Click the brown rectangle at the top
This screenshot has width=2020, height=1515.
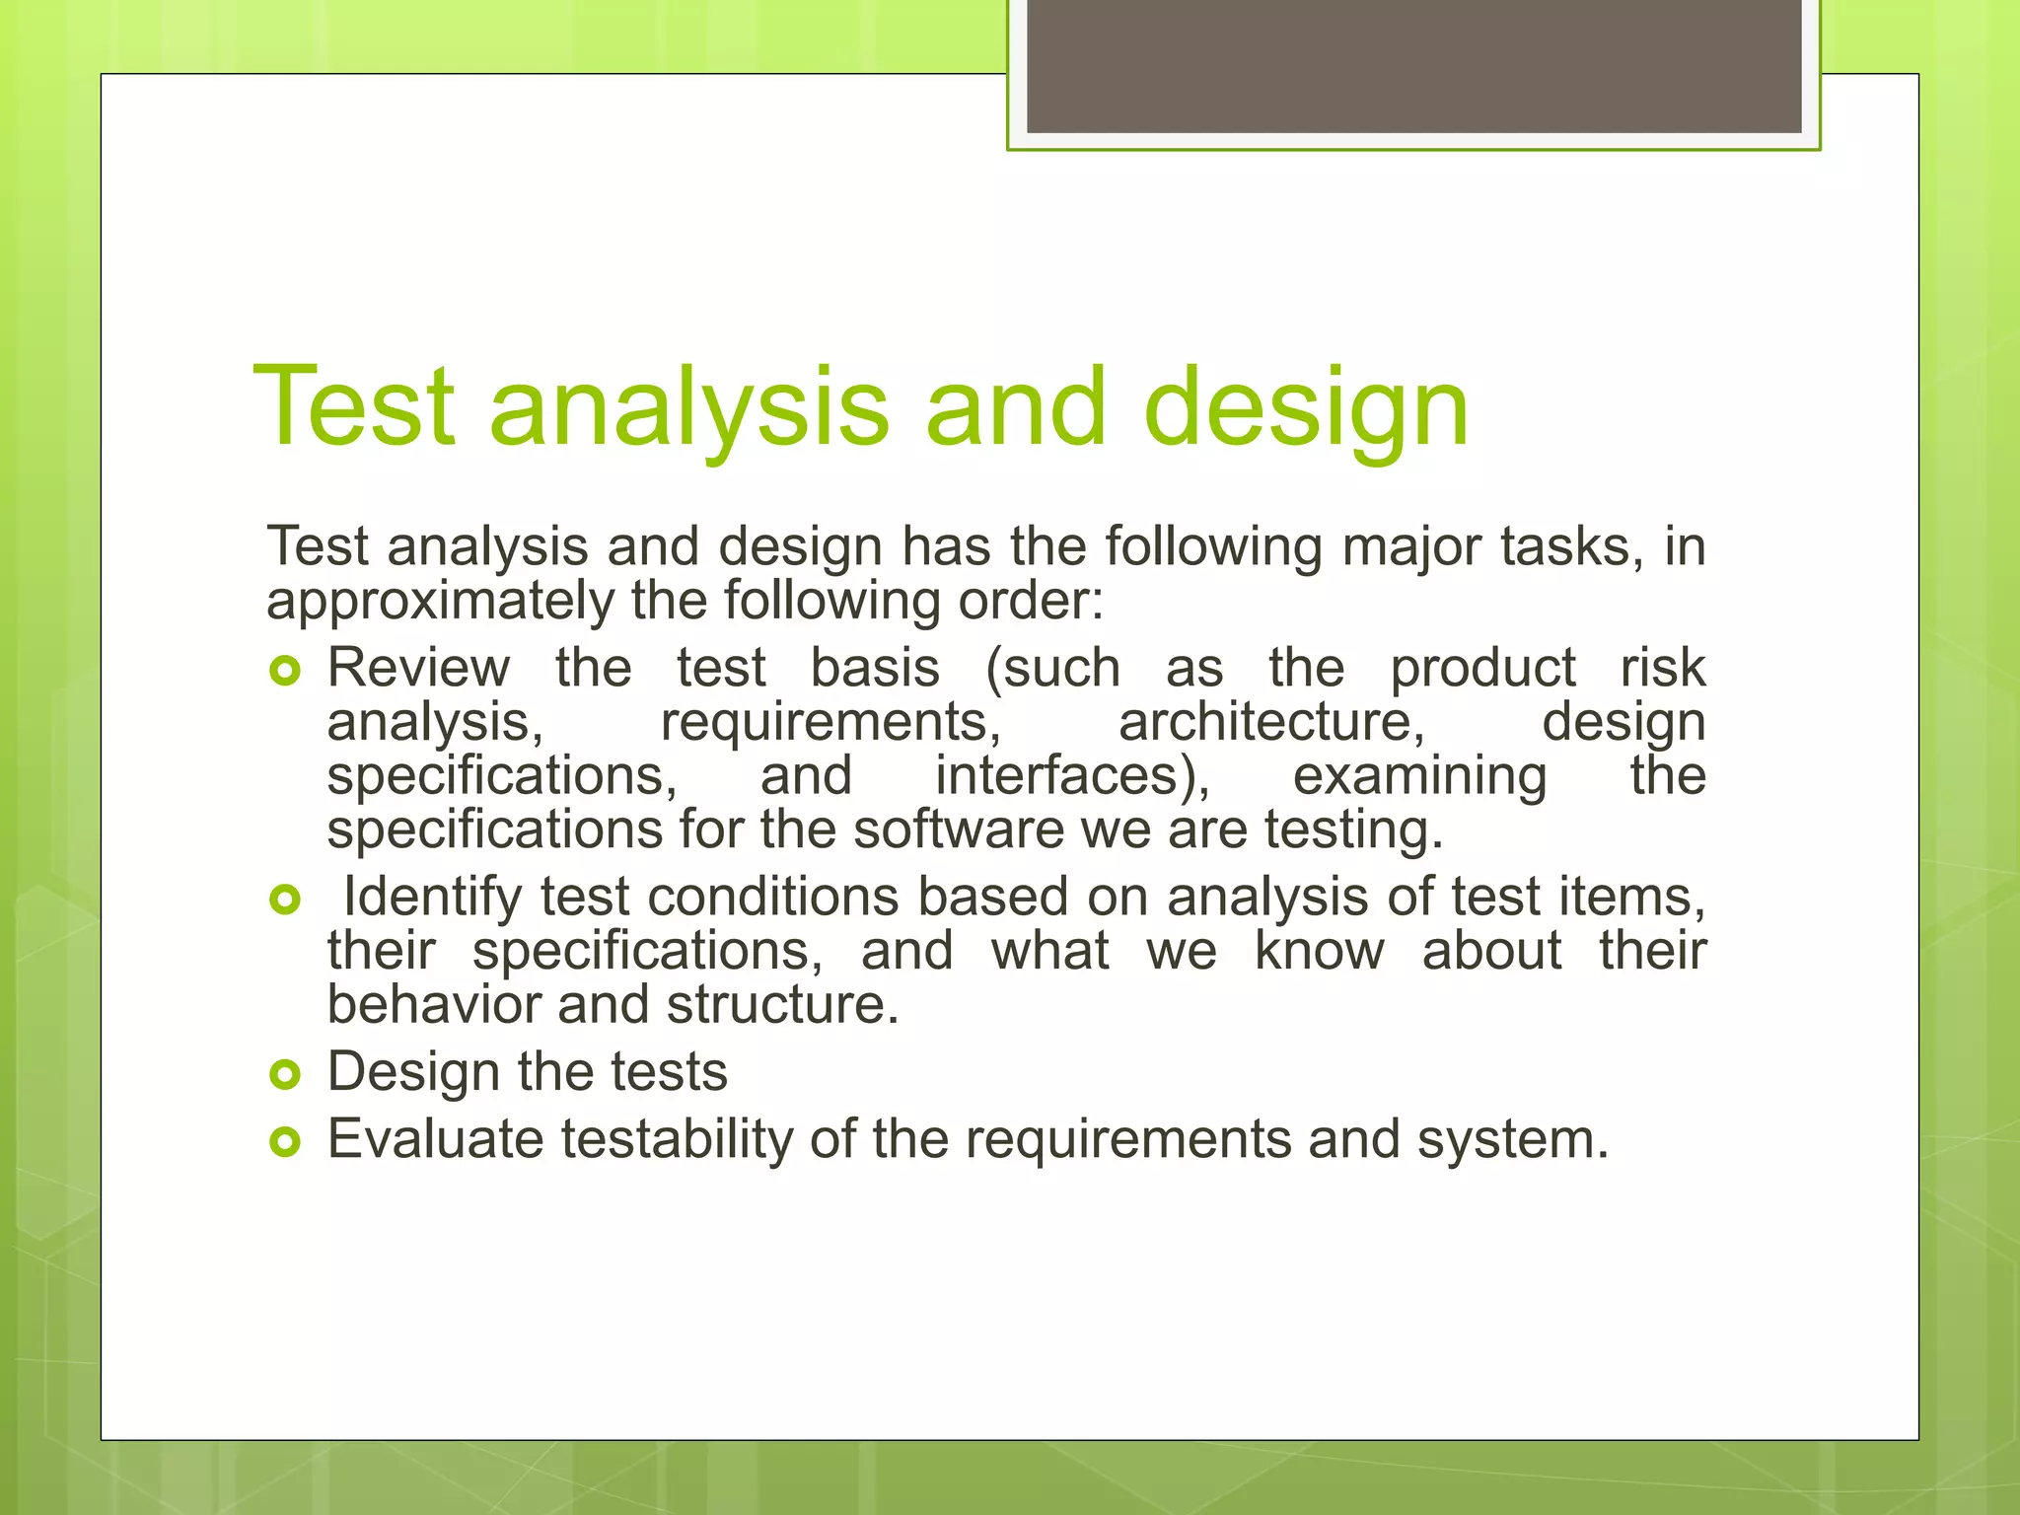(x=1413, y=65)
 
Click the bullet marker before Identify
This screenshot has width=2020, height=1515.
(x=284, y=900)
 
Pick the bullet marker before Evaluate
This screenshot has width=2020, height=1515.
(x=284, y=1142)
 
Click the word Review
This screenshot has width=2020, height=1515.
(x=418, y=669)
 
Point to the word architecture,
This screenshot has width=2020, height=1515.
(x=1271, y=722)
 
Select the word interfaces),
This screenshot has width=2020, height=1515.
(x=1072, y=776)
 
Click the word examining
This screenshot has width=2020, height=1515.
(x=1419, y=776)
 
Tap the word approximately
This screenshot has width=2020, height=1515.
(x=440, y=602)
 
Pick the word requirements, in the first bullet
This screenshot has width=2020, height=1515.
(x=830, y=722)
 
